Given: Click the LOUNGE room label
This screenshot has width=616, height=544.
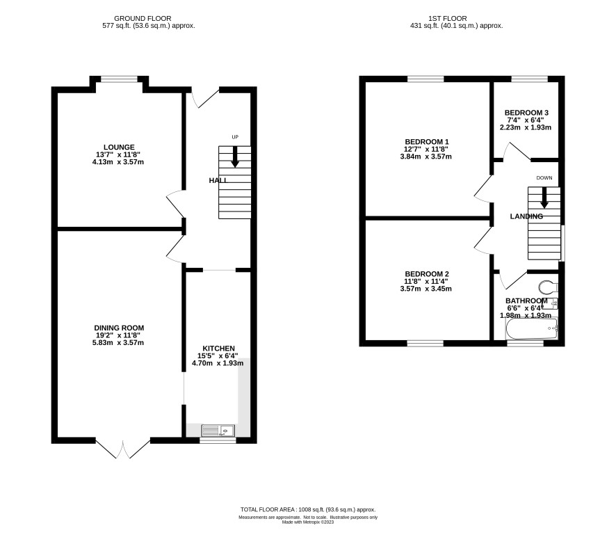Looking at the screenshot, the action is coord(119,147).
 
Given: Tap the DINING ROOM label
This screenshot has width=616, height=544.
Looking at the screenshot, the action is coord(119,328).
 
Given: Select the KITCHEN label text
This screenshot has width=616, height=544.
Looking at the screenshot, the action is coord(218,349).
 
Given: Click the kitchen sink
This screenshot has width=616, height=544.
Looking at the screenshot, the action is coord(218,431).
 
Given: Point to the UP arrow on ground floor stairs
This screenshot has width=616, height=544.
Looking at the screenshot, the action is coord(235,157).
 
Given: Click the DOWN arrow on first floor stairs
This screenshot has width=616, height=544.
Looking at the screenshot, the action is coord(544,198).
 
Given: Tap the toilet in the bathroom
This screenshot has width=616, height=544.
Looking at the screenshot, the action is coord(548,287).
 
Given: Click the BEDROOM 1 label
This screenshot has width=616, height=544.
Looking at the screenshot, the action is coord(427,141).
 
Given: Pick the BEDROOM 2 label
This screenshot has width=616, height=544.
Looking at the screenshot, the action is coord(427,274).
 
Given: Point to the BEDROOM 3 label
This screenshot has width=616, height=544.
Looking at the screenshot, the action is coord(526,113).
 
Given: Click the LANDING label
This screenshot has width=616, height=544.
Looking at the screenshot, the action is coord(526,216).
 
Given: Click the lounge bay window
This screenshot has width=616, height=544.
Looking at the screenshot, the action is coord(120,79).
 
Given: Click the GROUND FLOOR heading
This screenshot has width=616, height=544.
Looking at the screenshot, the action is coord(143,19).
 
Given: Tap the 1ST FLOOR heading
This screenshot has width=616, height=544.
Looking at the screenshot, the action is coord(448,19).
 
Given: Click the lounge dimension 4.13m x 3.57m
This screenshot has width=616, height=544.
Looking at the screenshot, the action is coord(118,162).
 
